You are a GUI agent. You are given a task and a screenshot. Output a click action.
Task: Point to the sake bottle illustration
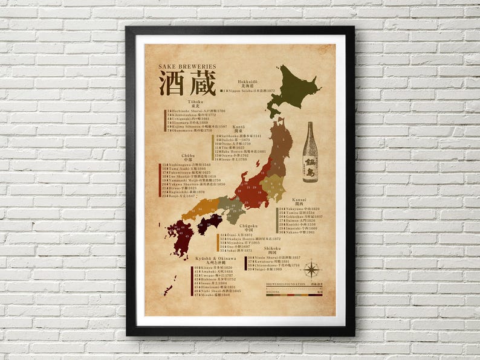click(x=310, y=152)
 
